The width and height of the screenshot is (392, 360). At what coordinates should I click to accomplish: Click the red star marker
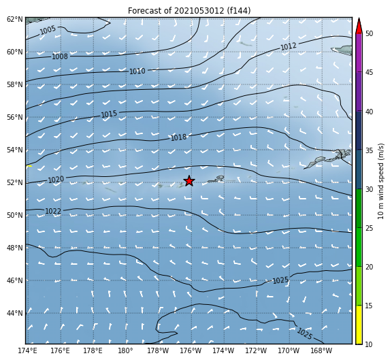point(189,181)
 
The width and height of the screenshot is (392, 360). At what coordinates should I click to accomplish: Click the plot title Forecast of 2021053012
point(176,11)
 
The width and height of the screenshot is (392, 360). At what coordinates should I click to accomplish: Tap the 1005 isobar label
point(48,30)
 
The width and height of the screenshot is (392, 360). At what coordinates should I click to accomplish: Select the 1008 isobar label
point(60,56)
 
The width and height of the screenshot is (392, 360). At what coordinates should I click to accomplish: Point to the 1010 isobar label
point(137,71)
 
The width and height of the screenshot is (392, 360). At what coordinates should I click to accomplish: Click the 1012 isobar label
point(289,46)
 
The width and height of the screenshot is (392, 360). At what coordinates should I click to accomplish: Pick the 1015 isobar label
point(109,114)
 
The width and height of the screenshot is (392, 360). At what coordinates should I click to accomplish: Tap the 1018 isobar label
point(178,137)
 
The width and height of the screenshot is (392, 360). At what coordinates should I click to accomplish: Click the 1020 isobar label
point(56,180)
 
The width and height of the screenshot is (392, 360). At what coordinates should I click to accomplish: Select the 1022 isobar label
point(53,211)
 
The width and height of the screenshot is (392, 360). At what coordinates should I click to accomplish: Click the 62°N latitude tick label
point(14,19)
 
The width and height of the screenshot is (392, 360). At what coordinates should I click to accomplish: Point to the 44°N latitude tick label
point(14,313)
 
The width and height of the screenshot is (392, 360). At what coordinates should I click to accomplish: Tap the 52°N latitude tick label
point(14,182)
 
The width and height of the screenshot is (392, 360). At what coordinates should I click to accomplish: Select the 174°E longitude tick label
point(27,350)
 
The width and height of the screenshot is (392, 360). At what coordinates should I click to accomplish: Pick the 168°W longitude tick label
point(321,350)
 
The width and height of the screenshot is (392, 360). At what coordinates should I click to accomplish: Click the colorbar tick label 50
point(369,33)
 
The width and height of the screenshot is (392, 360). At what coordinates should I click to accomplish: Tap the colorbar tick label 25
point(369,228)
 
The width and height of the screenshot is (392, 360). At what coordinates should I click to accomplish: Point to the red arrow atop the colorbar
point(359,27)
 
